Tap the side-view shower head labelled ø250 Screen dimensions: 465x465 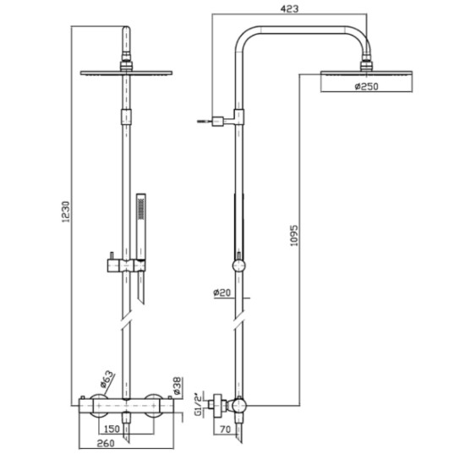click(366, 78)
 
